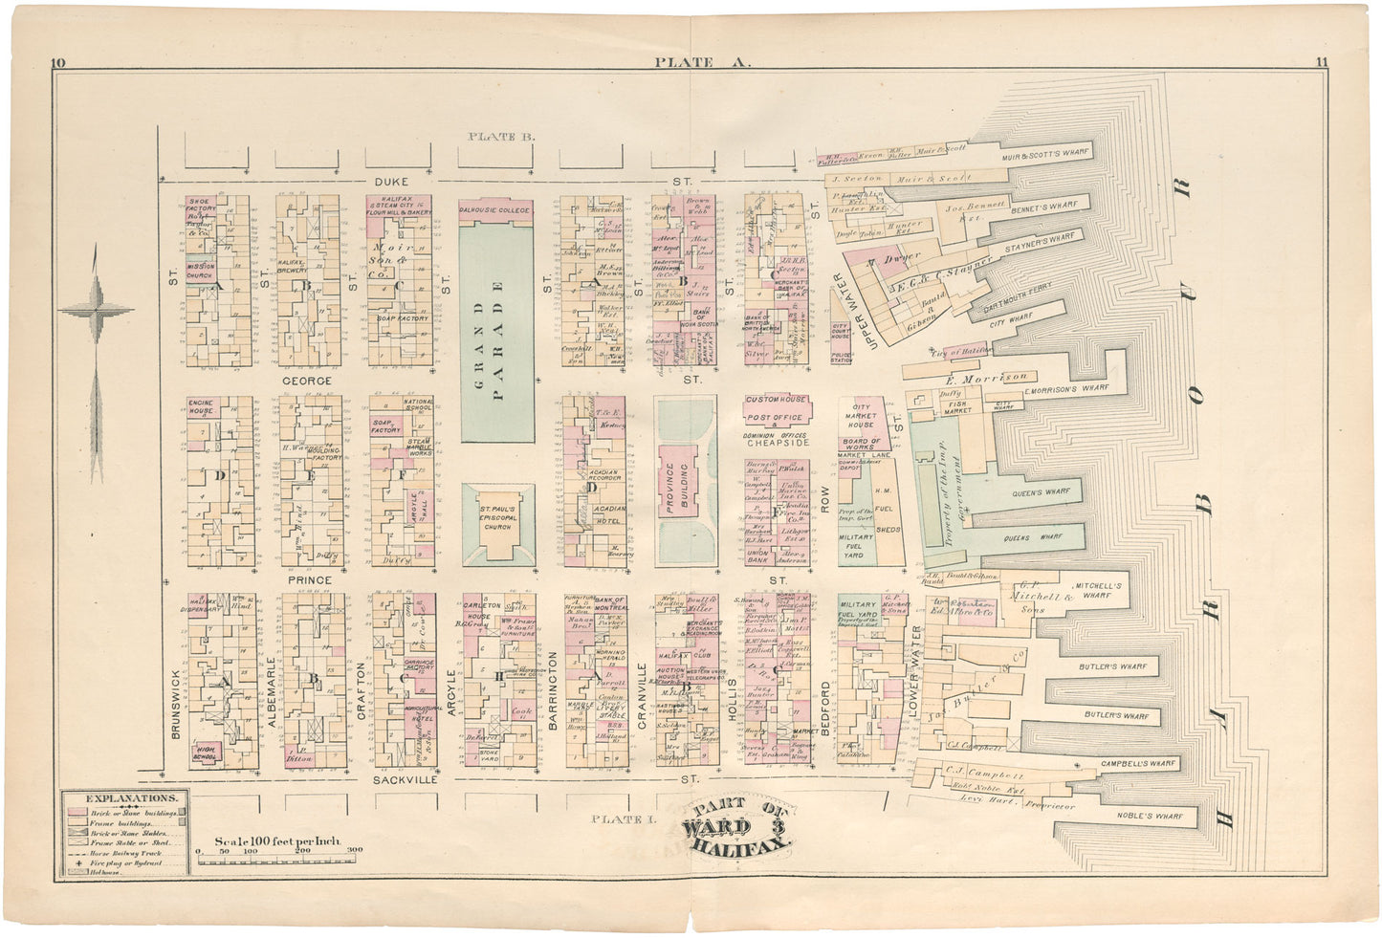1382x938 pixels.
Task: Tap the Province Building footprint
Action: tap(686, 488)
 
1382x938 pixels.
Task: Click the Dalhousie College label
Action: tap(495, 208)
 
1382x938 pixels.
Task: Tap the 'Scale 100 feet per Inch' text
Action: tap(277, 841)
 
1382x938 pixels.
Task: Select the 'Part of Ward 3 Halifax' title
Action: tap(737, 824)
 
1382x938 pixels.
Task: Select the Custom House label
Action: tap(776, 400)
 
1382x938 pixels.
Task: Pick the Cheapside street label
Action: tap(778, 444)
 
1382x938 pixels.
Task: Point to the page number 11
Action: tap(1321, 63)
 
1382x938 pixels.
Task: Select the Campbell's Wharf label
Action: tap(1136, 763)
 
